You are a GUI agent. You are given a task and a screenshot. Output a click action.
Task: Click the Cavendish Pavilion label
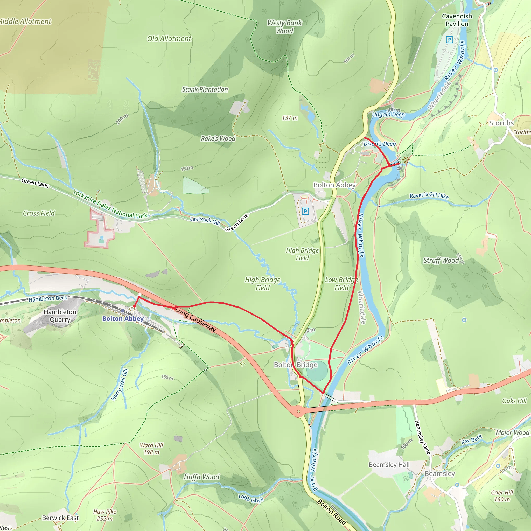tap(457, 20)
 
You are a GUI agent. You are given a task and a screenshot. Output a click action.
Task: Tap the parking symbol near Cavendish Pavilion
tap(449, 40)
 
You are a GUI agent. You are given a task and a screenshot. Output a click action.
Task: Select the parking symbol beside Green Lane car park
tap(305, 211)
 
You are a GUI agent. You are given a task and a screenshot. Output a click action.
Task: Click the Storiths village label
tap(501, 123)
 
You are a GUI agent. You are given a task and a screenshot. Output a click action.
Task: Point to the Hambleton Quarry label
tap(60, 316)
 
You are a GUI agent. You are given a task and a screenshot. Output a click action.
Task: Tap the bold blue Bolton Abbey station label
tap(123, 319)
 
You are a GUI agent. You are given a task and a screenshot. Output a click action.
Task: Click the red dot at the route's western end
tap(134, 306)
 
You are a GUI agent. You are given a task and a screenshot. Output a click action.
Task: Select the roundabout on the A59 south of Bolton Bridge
tap(299, 411)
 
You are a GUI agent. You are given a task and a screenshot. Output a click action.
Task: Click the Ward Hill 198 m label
tap(151, 449)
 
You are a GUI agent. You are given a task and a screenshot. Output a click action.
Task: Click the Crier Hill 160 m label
tap(502, 496)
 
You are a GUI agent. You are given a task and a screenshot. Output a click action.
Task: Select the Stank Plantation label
tap(205, 89)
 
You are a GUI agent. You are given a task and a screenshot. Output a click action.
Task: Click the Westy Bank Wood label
tap(285, 27)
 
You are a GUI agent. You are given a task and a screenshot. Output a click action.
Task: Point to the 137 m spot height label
tap(290, 118)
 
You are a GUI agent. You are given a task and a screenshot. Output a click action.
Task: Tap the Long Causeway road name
tap(195, 320)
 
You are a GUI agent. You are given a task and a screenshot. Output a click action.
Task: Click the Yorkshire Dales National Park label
tap(110, 204)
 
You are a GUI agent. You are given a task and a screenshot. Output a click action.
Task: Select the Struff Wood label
tap(441, 260)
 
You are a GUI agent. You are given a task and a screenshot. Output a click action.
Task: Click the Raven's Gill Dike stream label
tap(429, 195)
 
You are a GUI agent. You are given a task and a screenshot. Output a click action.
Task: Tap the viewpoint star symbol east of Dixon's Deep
tap(406, 160)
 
